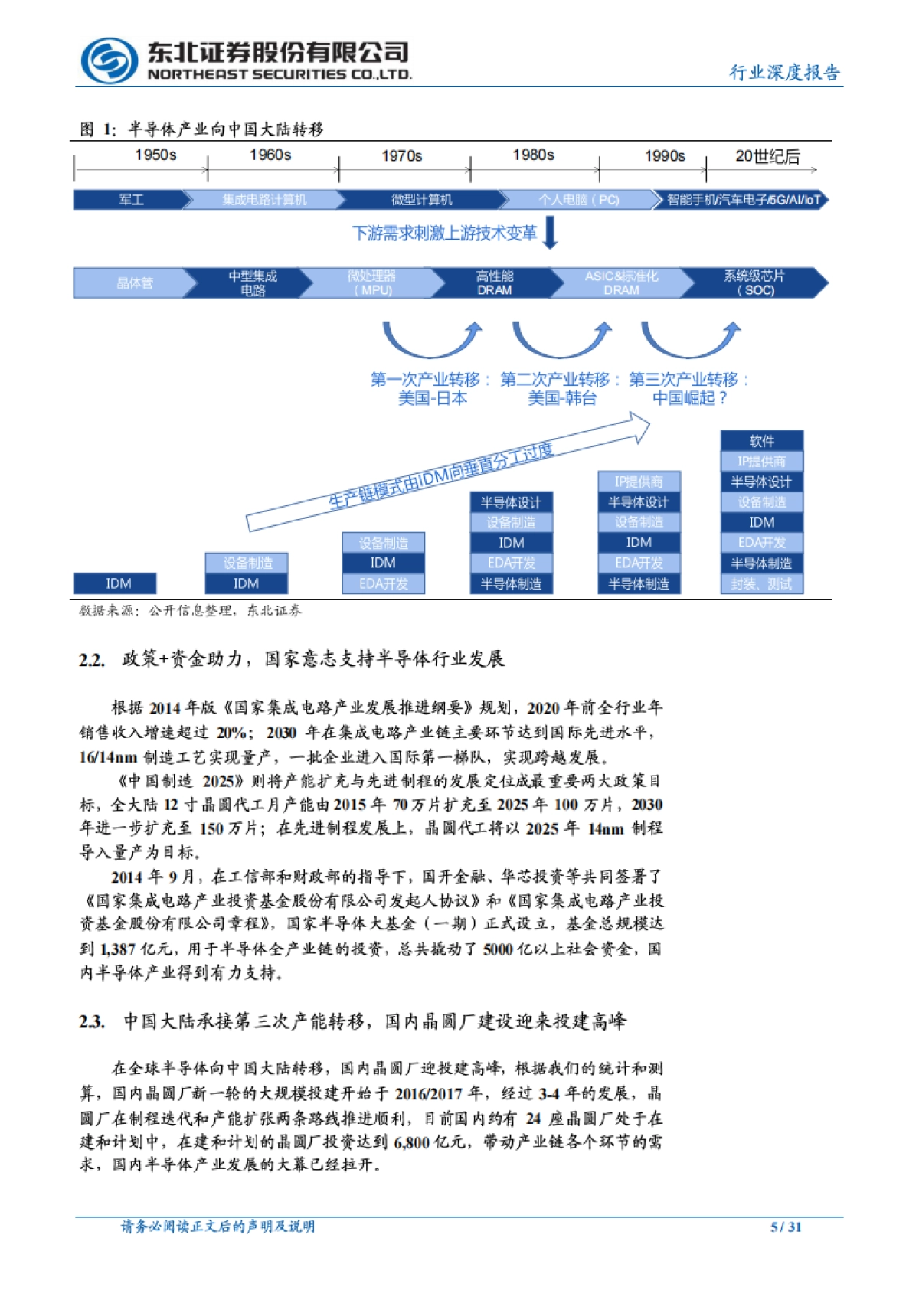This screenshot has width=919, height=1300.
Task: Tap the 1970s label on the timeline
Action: [402, 156]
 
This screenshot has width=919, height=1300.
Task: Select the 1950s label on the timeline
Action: [155, 155]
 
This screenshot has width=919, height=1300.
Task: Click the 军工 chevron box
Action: [131, 200]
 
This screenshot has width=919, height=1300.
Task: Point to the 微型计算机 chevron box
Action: [421, 200]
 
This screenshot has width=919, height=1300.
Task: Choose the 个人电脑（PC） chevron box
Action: [578, 200]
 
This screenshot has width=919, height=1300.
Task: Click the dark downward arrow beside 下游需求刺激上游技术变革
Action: [550, 233]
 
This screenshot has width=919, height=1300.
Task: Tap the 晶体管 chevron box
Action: [134, 283]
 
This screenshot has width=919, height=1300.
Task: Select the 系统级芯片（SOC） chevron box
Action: [754, 283]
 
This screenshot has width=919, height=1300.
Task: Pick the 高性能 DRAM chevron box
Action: [495, 283]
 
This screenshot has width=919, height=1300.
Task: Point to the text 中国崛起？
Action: [689, 398]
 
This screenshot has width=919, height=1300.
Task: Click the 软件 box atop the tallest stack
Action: [761, 441]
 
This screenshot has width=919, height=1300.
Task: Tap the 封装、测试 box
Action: [761, 584]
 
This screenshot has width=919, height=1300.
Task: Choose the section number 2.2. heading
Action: [92, 660]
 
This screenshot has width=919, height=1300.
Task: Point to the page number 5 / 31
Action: [786, 1227]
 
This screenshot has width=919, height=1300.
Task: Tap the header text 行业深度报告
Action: [785, 72]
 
